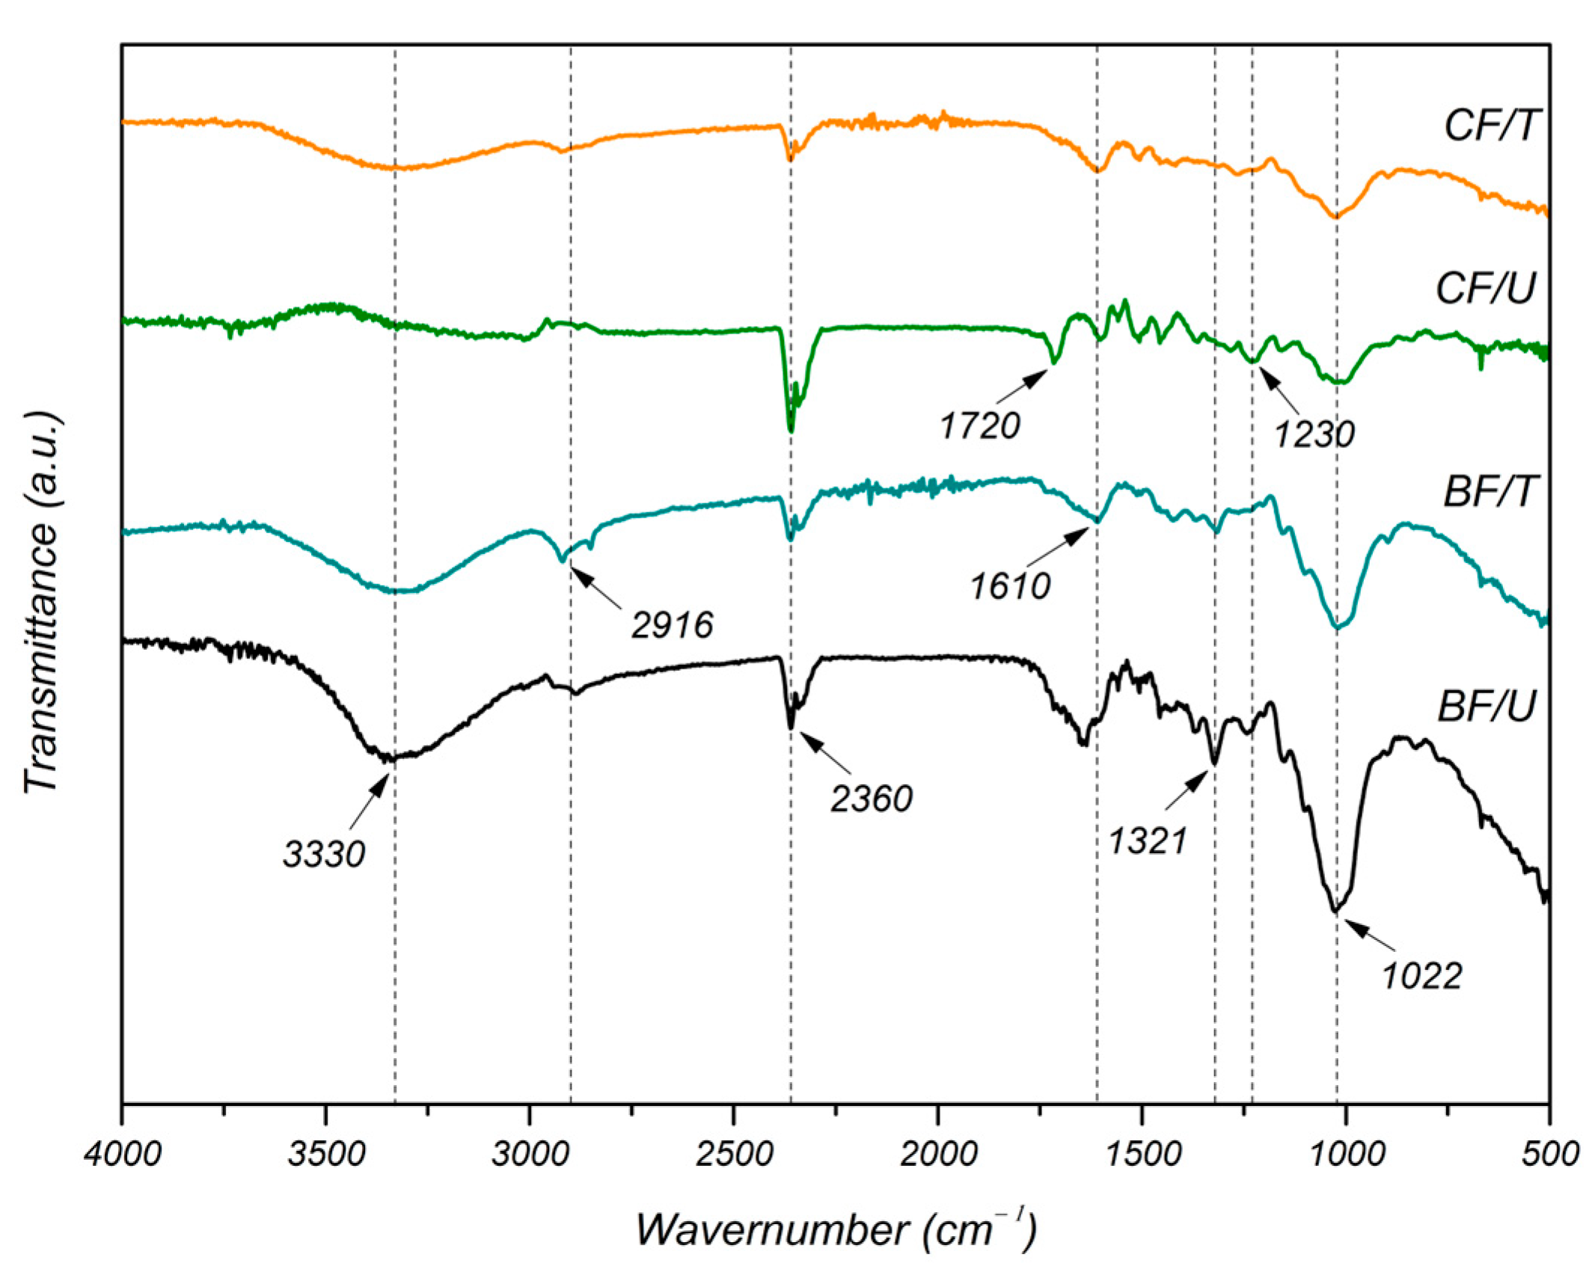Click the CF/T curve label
pos(1490,126)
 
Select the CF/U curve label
pos(1485,288)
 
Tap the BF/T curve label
pos(1489,492)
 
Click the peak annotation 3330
pos(324,854)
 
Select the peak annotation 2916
pos(672,624)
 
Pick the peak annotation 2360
pos(871,799)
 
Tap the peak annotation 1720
pos(980,426)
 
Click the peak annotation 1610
pos(1010,586)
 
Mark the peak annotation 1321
pos(1147,841)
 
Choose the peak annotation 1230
pos(1314,434)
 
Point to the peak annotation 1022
pos(1421,976)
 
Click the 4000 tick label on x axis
pos(123,1154)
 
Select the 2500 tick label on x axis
pos(734,1154)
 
